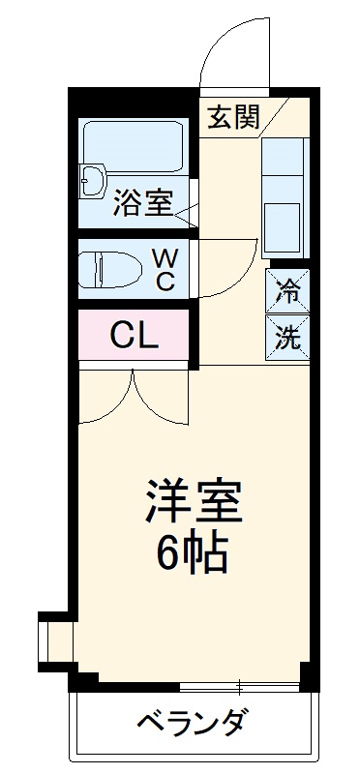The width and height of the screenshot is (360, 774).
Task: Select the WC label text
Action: point(165,269)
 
